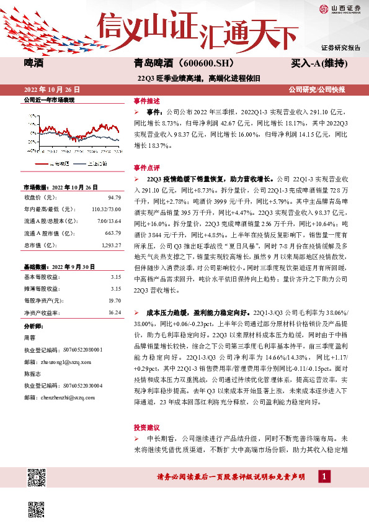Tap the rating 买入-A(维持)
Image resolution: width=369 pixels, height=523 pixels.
(318, 63)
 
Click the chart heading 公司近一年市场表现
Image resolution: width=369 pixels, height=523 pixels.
(48, 100)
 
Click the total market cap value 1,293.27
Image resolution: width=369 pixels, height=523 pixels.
(110, 244)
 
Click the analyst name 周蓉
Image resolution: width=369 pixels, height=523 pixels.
(29, 338)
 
